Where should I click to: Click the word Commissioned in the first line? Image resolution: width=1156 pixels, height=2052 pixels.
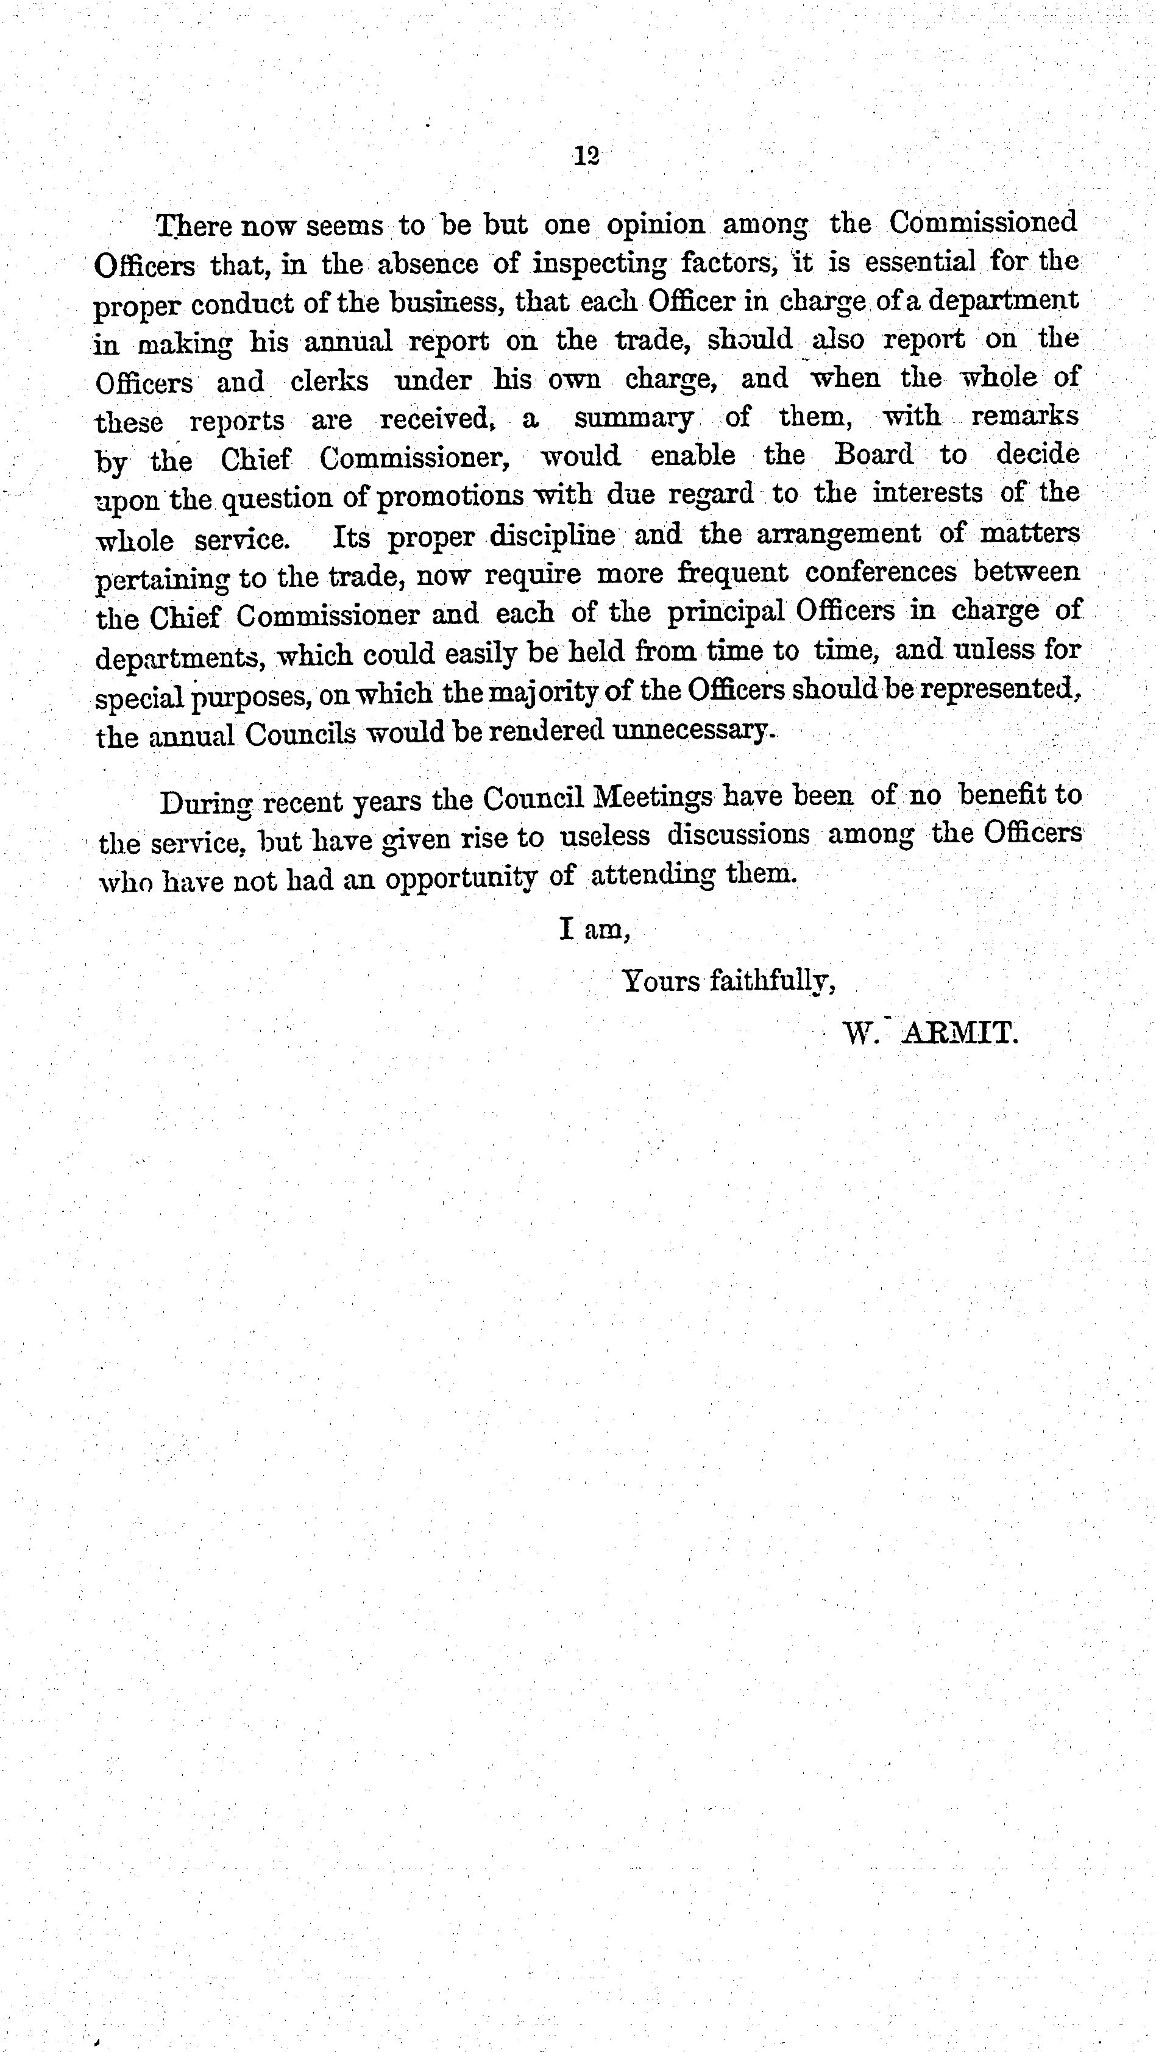[983, 223]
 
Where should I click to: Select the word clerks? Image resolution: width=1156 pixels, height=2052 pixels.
[329, 381]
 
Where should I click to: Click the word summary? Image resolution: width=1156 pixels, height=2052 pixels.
[633, 418]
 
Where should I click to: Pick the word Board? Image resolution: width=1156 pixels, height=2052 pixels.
[873, 455]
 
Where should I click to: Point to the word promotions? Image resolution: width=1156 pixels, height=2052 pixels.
[450, 496]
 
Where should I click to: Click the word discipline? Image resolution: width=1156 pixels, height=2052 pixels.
[552, 535]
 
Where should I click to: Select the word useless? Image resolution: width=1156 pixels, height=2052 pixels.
[604, 835]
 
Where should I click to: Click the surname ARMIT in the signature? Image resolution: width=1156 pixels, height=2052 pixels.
[959, 1035]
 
